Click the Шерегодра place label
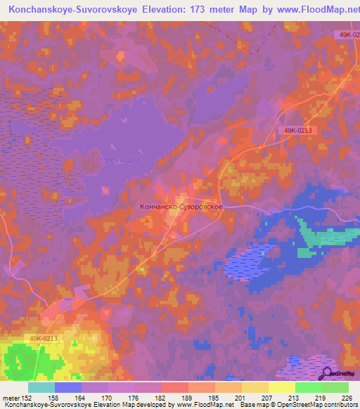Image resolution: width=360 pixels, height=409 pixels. [x=116, y=160]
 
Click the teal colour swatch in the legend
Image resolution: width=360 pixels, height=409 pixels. [x=41, y=387]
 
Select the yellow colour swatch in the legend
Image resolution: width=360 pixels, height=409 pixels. [x=282, y=387]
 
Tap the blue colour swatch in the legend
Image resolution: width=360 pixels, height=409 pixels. [x=68, y=387]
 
